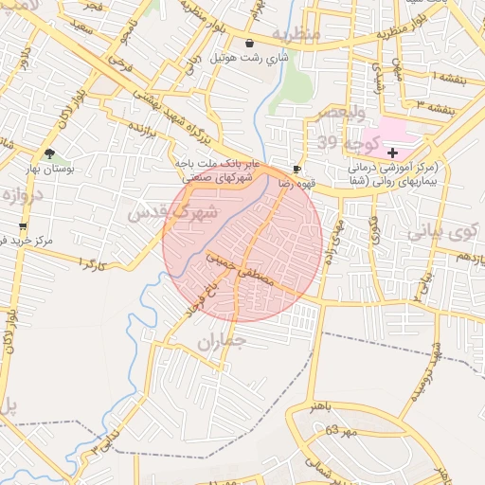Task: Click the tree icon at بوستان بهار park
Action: pyautogui.click(x=49, y=153)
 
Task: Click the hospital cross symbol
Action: pyautogui.click(x=392, y=153)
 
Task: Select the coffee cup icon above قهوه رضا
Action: pyautogui.click(x=296, y=169)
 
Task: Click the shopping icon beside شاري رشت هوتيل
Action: pyautogui.click(x=249, y=43)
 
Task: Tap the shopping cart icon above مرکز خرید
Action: pyautogui.click(x=23, y=227)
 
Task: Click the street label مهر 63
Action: pyautogui.click(x=338, y=431)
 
